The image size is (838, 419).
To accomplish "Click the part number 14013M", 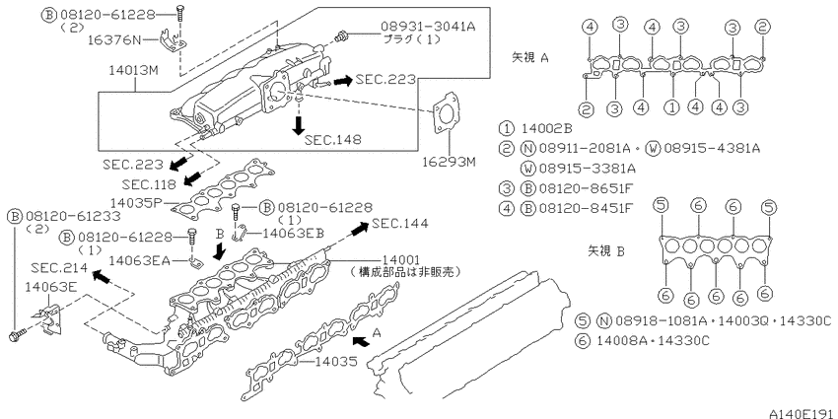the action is point(134,70).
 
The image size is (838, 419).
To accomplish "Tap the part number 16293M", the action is point(449,162).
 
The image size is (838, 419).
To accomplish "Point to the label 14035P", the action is point(136,203).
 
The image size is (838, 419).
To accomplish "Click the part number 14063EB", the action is point(294,233).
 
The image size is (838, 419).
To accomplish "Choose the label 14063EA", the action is point(139,260).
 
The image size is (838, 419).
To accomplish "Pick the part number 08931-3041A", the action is point(428,26).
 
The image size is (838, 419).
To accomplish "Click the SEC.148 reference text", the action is point(332,139).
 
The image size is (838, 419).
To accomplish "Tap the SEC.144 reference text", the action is point(399,224).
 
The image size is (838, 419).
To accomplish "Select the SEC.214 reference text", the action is point(59,267).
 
